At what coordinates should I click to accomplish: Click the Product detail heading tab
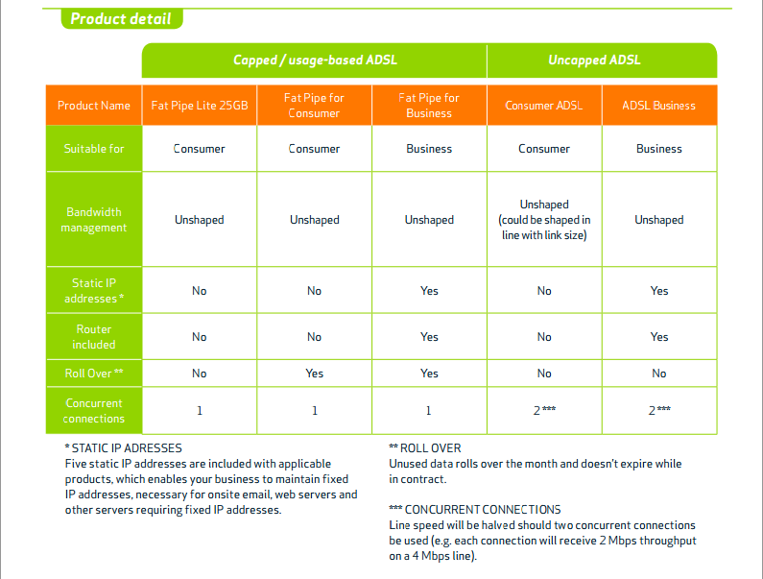[122, 19]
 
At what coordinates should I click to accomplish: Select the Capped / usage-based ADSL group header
[315, 60]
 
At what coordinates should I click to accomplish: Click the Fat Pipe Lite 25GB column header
[200, 106]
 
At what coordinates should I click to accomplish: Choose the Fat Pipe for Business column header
[429, 106]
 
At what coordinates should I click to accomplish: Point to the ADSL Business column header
[659, 106]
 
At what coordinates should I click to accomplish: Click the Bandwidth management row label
[94, 220]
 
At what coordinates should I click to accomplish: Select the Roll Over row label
[94, 374]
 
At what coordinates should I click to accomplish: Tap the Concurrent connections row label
[94, 411]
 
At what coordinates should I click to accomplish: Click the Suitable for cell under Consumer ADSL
[544, 149]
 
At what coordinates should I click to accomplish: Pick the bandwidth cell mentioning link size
[544, 220]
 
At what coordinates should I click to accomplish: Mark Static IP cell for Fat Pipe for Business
[429, 291]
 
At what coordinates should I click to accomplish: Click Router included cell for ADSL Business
[659, 337]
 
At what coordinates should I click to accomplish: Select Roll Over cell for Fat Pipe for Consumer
[315, 374]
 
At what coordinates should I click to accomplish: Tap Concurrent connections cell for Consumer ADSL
[544, 411]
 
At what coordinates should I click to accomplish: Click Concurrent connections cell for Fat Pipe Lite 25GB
[200, 411]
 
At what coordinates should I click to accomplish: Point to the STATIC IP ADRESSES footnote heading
[123, 448]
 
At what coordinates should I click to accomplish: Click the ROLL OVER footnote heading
[425, 448]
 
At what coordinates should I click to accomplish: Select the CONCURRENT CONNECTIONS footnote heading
[475, 509]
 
